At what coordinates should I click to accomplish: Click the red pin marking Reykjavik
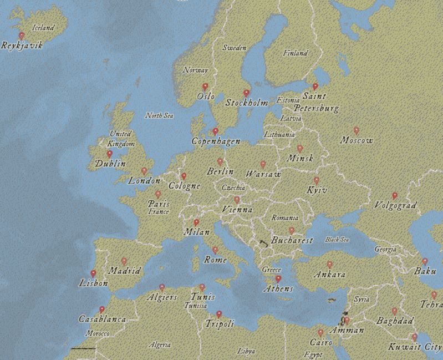22,36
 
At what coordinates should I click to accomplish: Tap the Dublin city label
110,164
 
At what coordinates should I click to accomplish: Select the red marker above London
144,171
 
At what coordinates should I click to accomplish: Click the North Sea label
159,116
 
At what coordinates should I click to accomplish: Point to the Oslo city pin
205,87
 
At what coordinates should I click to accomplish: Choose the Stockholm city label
246,103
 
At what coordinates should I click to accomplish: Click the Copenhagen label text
216,141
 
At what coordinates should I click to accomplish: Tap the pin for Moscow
356,131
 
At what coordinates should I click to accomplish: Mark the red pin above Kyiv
317,181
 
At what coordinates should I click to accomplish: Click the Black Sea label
337,240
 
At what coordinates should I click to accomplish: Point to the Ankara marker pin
330,265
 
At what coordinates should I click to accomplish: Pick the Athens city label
278,289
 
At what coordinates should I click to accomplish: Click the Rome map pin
215,250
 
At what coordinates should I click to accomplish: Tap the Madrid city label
124,271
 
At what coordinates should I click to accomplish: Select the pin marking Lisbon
93,274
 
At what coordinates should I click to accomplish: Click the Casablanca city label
102,320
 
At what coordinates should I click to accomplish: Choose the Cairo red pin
320,333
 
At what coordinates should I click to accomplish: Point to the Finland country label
295,54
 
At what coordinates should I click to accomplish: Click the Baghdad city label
395,321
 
